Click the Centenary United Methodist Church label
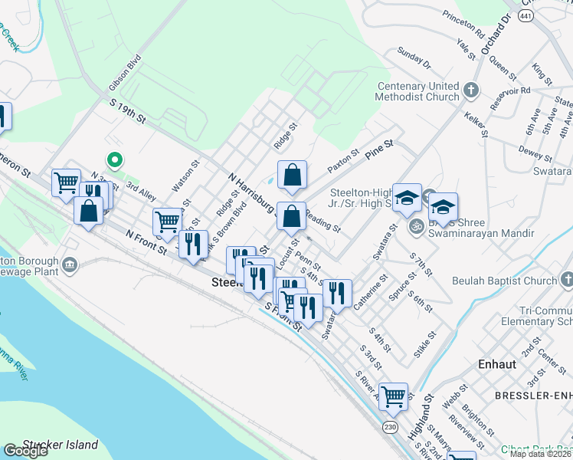pos(417,91)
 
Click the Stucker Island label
pos(61,445)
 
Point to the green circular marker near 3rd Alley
pos(115,160)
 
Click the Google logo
pos(25,451)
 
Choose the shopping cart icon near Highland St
pos(393,397)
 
